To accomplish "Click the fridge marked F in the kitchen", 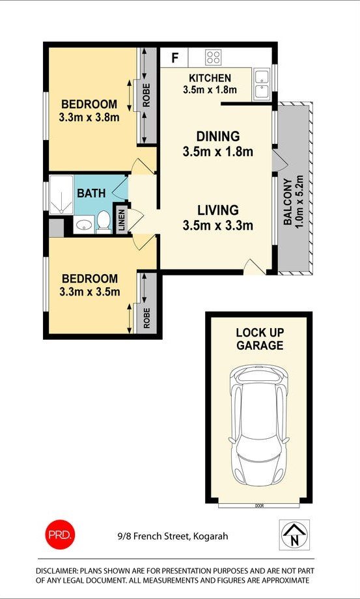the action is point(174,57).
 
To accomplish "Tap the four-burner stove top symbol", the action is point(213,57).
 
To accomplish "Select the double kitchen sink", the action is point(262,85).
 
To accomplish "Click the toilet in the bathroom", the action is point(104,222).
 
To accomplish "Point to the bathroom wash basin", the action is point(83,225).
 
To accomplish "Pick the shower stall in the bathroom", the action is point(61,195).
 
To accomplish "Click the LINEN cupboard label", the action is point(121,221).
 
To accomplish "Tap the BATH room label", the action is point(91,193).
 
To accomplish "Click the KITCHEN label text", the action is point(210,78).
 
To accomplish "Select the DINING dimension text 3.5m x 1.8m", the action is point(217,152).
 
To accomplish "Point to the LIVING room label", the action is point(218,210).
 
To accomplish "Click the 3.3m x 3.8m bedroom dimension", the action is point(89,117).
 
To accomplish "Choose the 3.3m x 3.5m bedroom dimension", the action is point(90,292).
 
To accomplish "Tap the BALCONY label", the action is point(288,201).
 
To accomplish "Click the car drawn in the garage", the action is point(258,424).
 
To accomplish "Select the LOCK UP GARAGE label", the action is point(260,339).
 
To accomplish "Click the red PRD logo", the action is point(61,535).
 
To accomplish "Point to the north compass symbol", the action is point(294,535).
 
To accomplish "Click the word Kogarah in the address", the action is point(211,536).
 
